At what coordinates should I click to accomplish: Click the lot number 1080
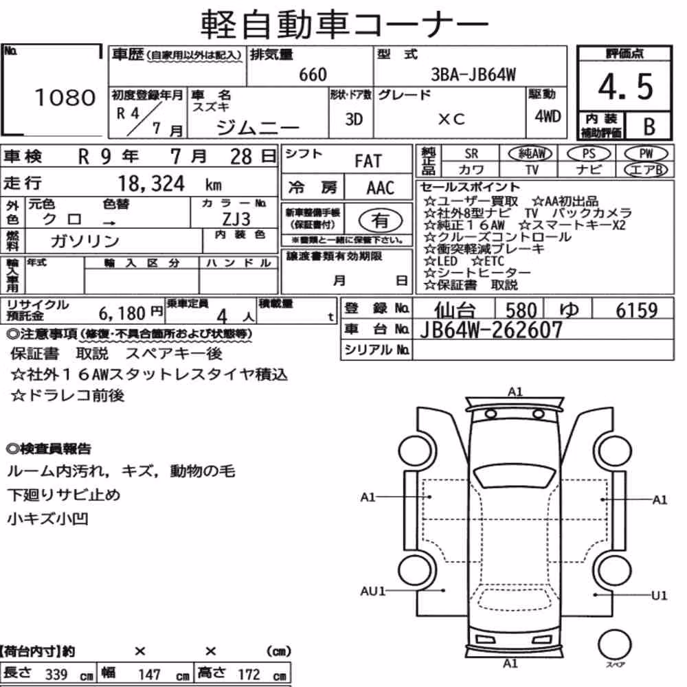click(x=65, y=98)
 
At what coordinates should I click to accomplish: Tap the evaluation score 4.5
click(x=625, y=87)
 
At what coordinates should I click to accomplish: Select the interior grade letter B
click(x=649, y=126)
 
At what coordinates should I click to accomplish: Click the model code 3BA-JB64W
click(x=473, y=75)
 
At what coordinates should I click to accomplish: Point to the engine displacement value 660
click(x=313, y=75)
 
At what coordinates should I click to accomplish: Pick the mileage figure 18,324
click(x=151, y=183)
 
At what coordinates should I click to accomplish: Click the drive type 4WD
click(x=548, y=117)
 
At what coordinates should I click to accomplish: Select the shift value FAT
click(x=368, y=161)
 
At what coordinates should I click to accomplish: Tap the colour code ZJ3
click(x=236, y=219)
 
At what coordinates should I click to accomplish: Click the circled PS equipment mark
click(x=589, y=154)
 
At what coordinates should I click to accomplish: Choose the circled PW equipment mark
click(x=646, y=154)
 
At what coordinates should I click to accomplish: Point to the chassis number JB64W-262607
click(x=491, y=330)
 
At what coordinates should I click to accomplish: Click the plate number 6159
click(x=637, y=311)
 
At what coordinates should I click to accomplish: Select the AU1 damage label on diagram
click(x=372, y=592)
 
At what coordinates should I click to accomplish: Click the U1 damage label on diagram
click(x=659, y=596)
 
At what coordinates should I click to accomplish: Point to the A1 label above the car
click(x=515, y=392)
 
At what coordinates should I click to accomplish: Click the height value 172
click(x=249, y=675)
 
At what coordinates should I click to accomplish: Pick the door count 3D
click(x=354, y=119)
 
